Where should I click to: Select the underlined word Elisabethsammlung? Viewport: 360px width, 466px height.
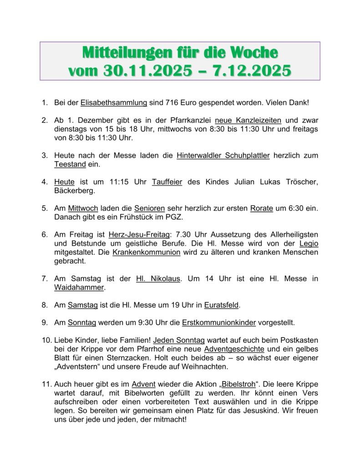tap(114, 103)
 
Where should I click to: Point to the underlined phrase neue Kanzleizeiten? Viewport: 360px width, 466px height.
tap(248, 121)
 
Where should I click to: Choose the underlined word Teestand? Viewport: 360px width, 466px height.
tap(70, 164)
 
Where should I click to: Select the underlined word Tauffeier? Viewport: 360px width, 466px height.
tap(167, 182)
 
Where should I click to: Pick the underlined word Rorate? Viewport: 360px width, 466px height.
tap(261, 208)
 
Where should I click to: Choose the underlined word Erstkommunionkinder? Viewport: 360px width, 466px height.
tap(219, 323)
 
